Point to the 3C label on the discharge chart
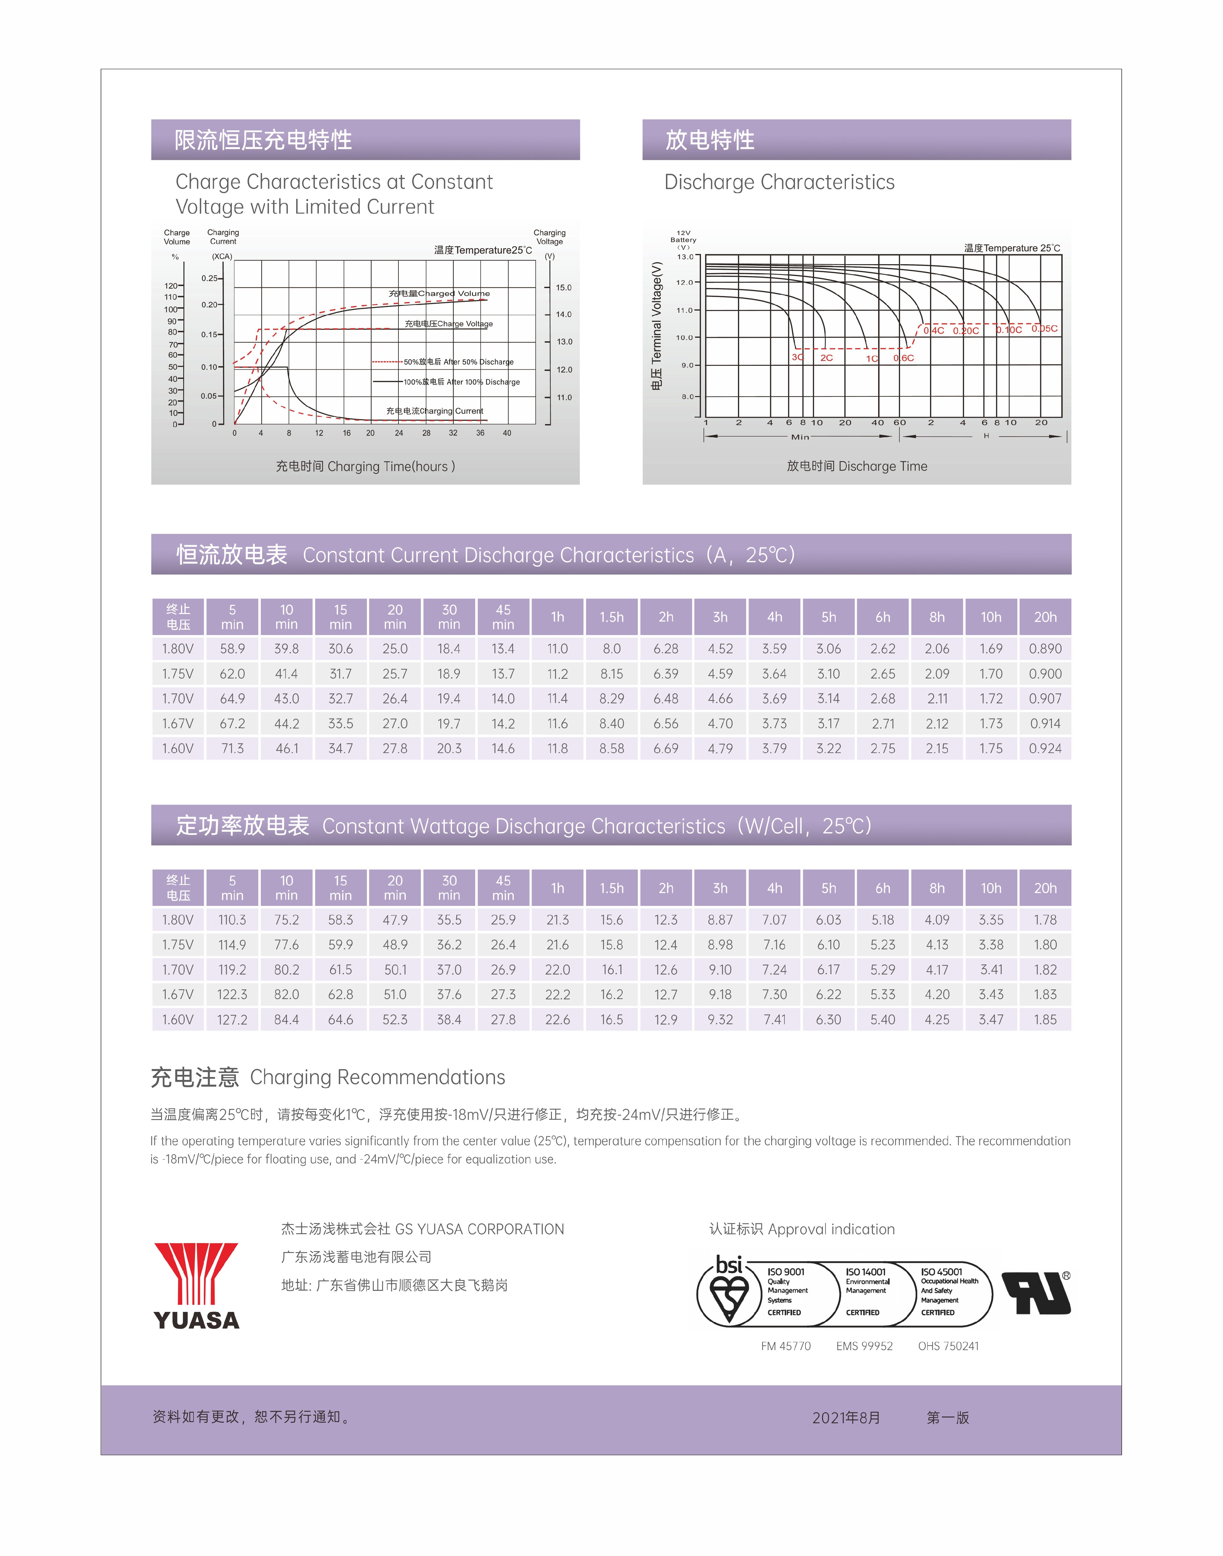tap(798, 358)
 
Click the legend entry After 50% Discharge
tap(458, 362)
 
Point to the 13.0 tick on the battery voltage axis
tap(685, 257)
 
